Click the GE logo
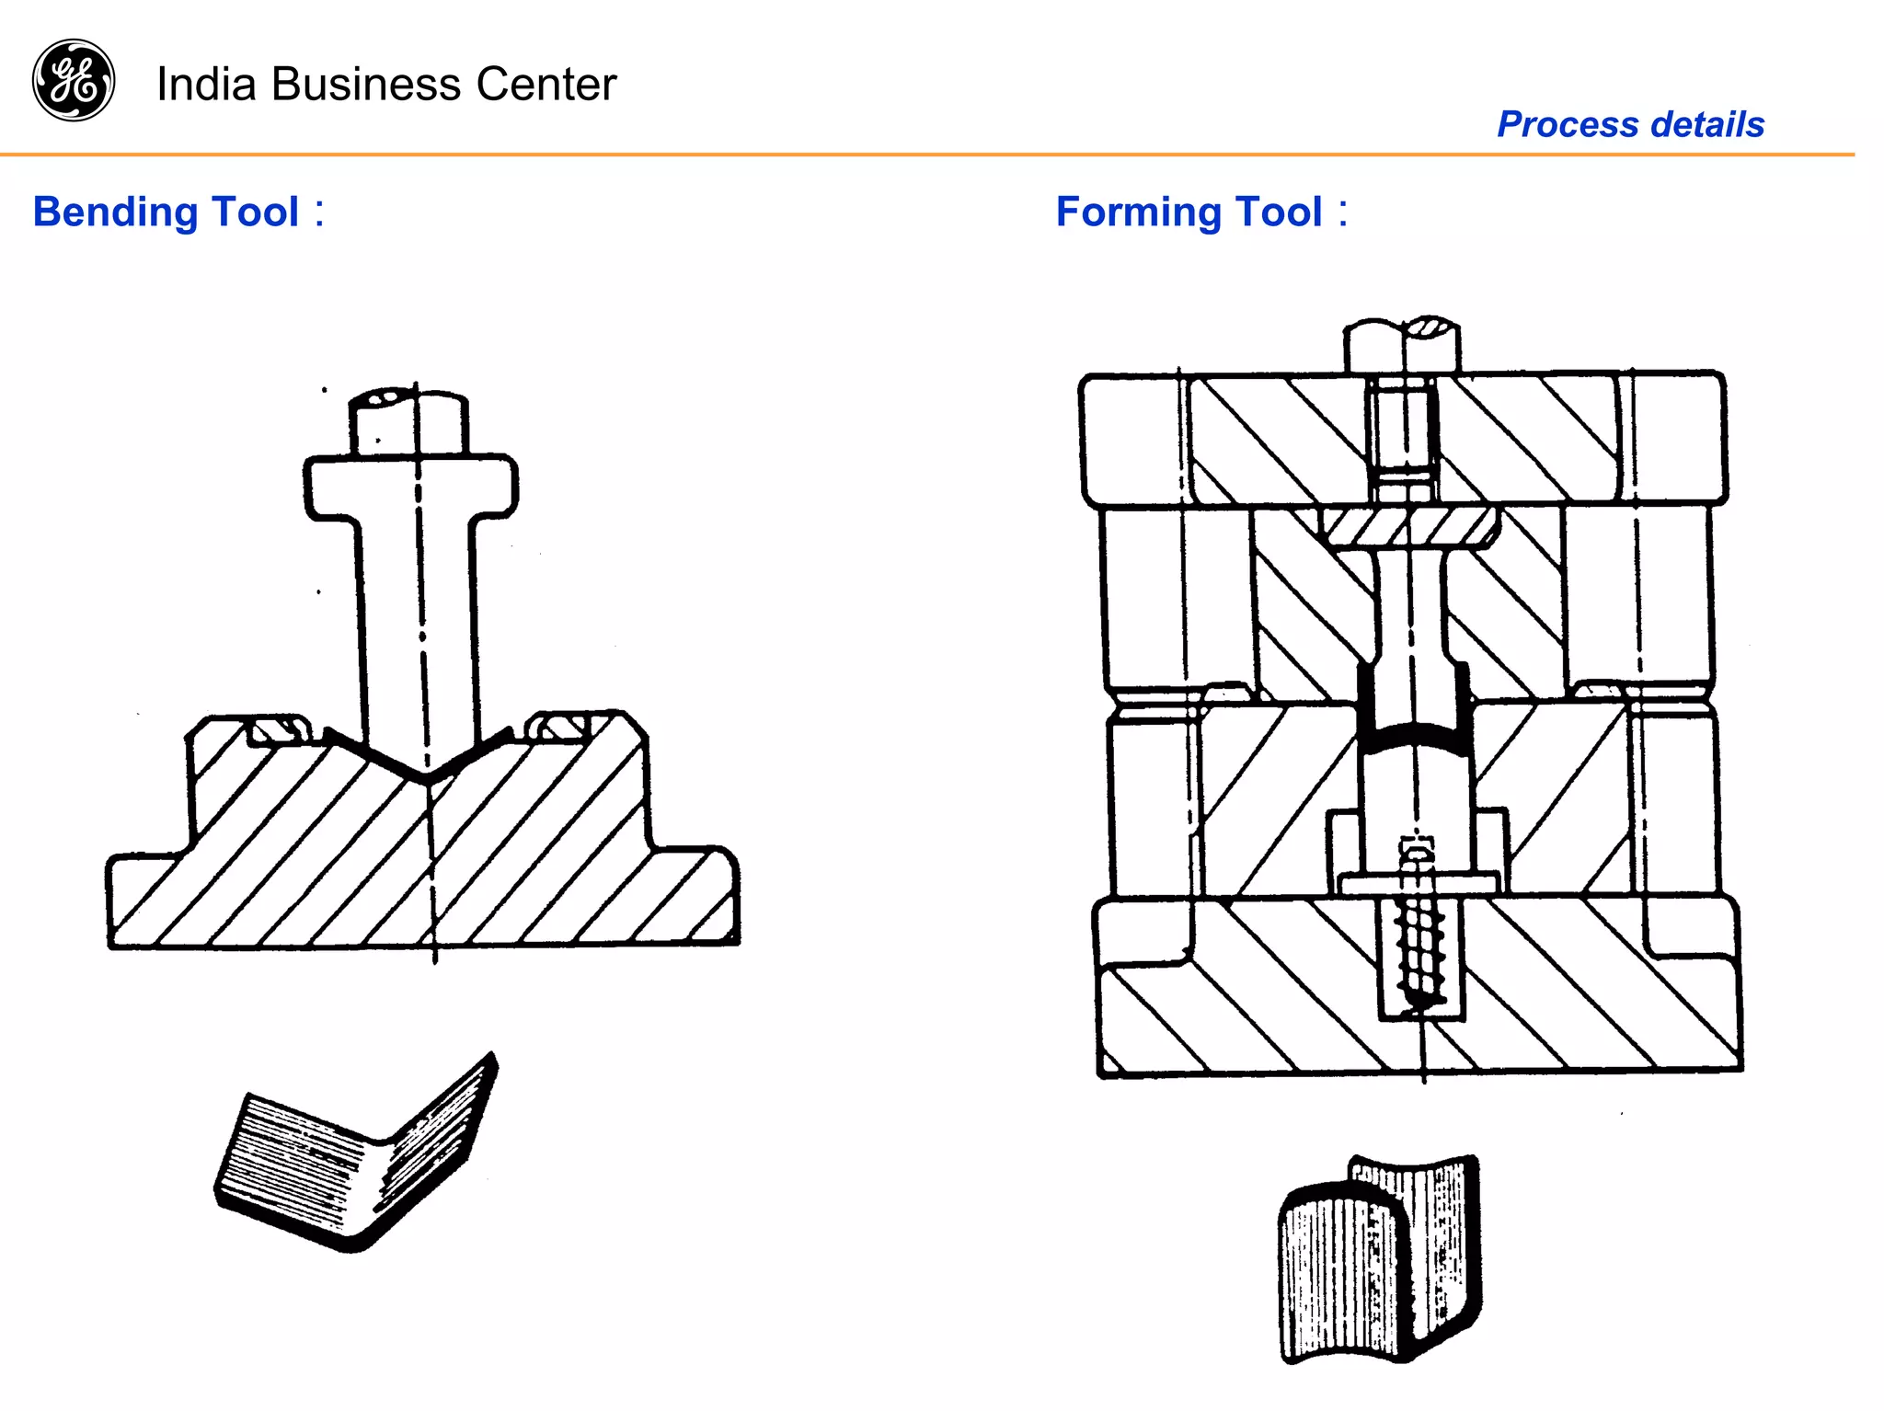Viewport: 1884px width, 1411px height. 74,80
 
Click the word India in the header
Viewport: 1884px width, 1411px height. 205,84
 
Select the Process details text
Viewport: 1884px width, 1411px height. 1630,124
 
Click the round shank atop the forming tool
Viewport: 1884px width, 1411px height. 1401,344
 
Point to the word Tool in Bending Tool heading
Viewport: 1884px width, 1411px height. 255,212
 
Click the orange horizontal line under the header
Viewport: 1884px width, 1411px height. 920,155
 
